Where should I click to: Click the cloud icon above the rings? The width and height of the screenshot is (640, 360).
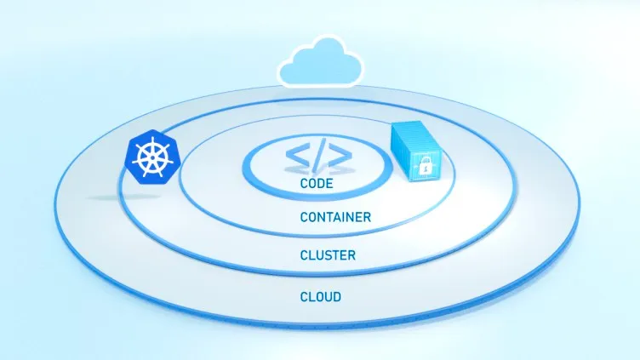tap(320, 62)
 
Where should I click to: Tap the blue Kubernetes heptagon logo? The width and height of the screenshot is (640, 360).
tap(152, 157)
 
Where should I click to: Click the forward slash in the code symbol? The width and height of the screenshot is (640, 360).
tap(319, 155)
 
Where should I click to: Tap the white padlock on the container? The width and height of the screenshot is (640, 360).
tap(426, 165)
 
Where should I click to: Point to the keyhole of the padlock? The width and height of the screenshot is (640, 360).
tap(426, 168)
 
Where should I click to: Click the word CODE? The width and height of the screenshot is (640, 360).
tap(317, 183)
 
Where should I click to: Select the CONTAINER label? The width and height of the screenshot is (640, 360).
tap(335, 217)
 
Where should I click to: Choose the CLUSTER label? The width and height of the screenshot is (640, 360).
tap(328, 255)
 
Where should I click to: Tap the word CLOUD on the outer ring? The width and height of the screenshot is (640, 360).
tap(321, 297)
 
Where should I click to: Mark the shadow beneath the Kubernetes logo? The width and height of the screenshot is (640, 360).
tap(123, 197)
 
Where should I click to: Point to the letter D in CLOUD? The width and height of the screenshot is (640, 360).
tap(337, 297)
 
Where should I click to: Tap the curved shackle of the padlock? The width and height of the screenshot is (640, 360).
tap(426, 160)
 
